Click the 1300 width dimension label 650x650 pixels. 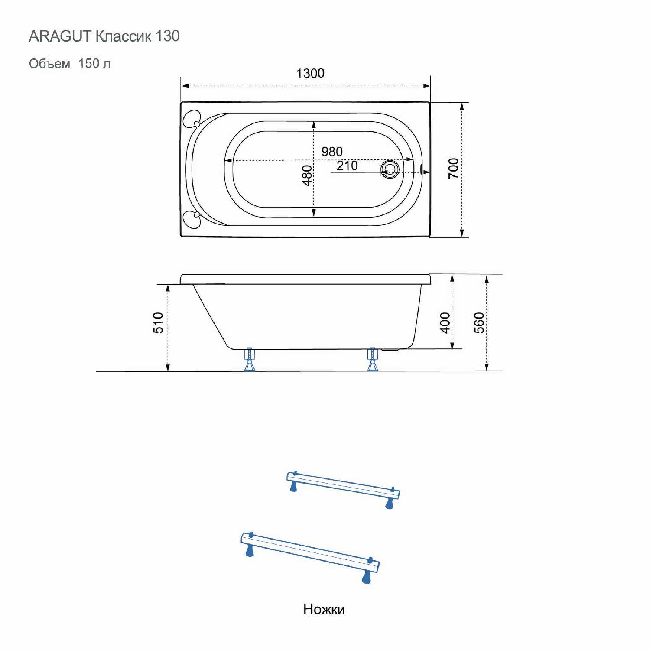pos(310,73)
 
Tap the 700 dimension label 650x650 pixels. pos(453,169)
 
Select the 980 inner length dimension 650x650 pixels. pos(332,152)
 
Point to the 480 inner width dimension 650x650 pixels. pos(307,175)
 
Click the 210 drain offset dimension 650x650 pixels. pos(347,166)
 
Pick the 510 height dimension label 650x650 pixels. pos(159,323)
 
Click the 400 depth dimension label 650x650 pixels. pos(445,323)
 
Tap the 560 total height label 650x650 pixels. pos(479,323)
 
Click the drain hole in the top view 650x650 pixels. pos(390,169)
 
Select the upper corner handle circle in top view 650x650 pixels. pos(192,119)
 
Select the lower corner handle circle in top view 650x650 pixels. pos(192,219)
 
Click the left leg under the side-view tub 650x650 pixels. pos(250,359)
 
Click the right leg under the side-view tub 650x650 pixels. pos(373,359)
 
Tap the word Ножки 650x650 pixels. pos(324,609)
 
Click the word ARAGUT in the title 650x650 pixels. pos(60,36)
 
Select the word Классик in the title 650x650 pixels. pos(123,36)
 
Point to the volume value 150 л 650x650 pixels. pos(94,63)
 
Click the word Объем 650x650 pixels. pos(49,64)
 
